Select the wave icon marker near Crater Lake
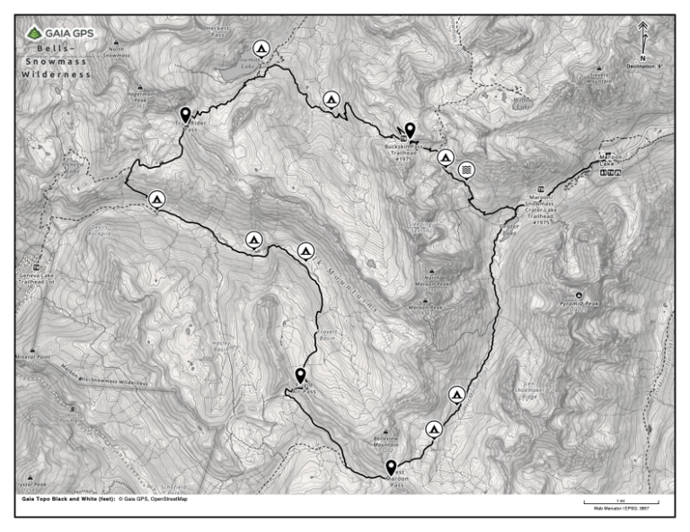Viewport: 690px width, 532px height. click(x=465, y=170)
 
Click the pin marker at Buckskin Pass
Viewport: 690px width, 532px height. click(x=410, y=130)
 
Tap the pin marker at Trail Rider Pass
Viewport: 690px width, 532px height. click(x=185, y=114)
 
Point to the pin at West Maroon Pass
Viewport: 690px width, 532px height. click(x=391, y=467)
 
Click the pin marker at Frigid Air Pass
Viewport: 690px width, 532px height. click(x=300, y=375)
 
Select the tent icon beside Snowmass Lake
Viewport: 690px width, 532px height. click(x=261, y=48)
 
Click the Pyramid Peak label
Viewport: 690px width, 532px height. click(x=579, y=303)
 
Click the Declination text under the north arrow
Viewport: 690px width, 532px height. click(x=644, y=66)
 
